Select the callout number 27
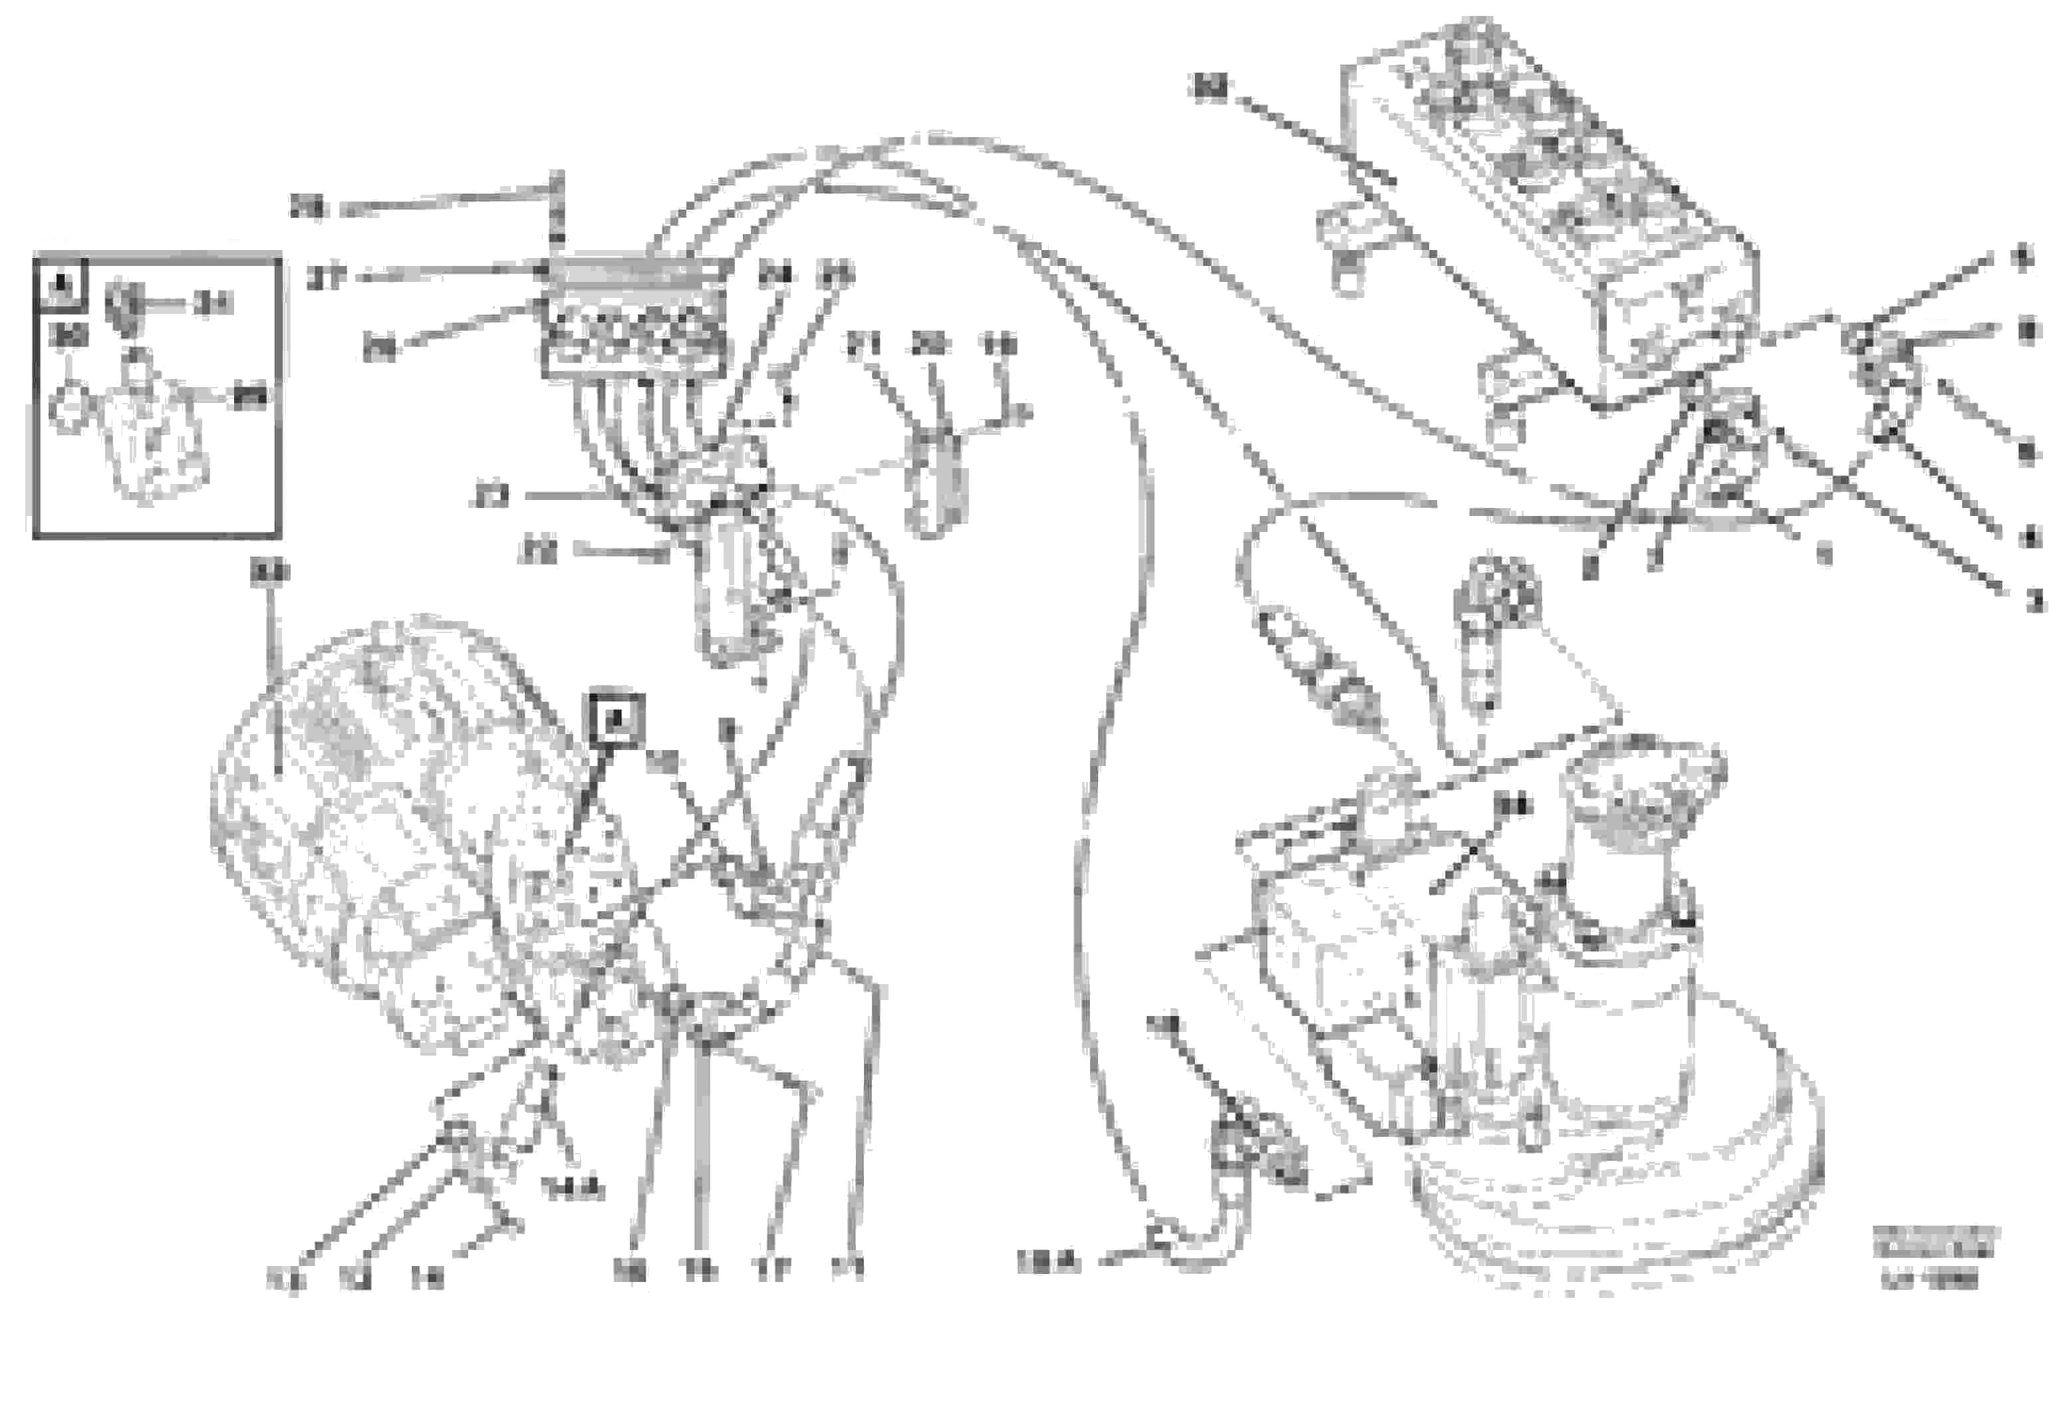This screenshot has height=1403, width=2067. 325,279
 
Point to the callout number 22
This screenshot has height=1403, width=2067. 537,552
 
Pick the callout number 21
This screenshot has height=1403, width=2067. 861,345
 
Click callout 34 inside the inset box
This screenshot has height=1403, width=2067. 213,304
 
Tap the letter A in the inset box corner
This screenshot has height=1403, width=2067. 61,285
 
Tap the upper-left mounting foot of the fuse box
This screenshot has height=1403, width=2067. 1347,240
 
